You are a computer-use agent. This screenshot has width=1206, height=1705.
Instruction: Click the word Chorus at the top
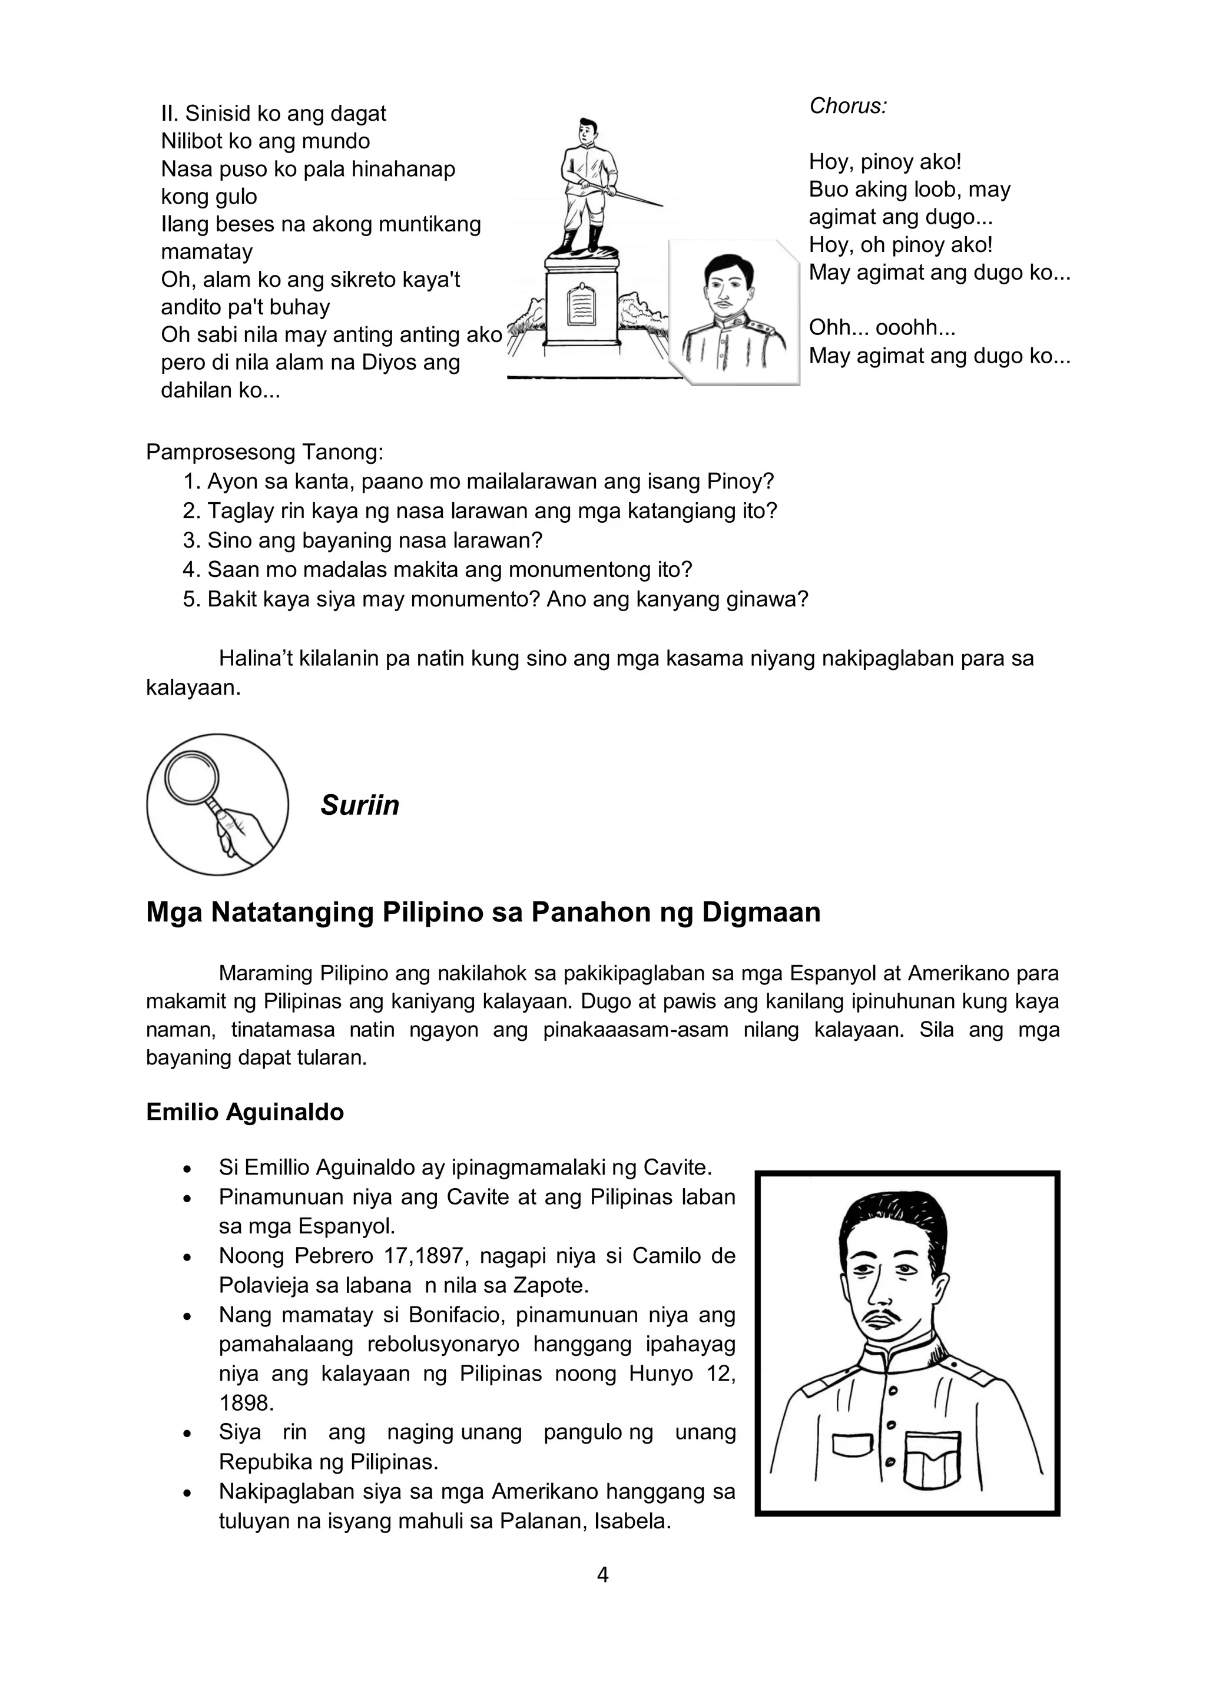point(847,106)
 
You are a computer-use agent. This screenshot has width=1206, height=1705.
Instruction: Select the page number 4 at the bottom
point(602,1574)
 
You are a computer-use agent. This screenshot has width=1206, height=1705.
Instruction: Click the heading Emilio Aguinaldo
point(244,1112)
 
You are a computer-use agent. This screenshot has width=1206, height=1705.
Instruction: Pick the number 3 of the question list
point(191,540)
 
